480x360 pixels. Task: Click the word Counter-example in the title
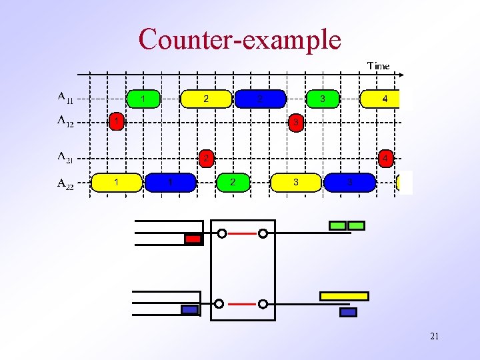coord(239,40)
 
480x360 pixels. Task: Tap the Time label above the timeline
coord(378,65)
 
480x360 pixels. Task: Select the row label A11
coord(65,99)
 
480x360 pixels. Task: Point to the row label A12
coord(65,122)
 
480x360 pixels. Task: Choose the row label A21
coord(65,158)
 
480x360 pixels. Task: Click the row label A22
coord(65,183)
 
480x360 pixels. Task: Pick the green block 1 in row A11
coord(143,99)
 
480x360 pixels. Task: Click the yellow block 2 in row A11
coord(206,99)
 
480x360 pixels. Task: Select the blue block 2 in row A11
coord(260,99)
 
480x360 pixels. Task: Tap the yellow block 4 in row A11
coord(381,99)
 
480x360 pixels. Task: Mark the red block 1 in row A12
coord(117,122)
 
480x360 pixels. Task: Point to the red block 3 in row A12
coord(296,123)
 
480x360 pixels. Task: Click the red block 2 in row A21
coord(207,159)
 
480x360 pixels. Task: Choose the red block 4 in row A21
coord(385,159)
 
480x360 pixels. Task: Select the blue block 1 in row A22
coord(171,182)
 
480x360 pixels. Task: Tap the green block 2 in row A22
coord(233,182)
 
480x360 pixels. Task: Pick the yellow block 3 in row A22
coord(296,182)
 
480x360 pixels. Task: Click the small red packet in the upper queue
coord(193,239)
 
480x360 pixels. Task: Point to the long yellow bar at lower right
coord(344,296)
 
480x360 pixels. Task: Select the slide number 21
coord(434,337)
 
